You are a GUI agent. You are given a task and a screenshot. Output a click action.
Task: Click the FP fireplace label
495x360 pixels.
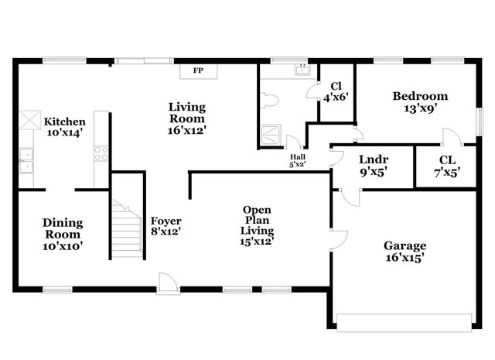(198, 71)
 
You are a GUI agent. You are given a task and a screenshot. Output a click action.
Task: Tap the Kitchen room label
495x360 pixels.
(64, 122)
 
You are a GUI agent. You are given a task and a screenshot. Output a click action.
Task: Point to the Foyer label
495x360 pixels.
(166, 221)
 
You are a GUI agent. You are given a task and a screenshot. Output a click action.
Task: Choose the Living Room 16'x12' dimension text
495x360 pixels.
(187, 131)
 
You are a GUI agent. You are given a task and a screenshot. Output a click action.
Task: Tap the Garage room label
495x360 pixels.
(404, 245)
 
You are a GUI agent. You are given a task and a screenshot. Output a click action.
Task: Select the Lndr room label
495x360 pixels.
(374, 159)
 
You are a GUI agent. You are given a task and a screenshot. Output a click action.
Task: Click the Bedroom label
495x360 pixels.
(420, 96)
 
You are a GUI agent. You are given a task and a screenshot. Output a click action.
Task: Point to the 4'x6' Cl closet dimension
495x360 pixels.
(336, 98)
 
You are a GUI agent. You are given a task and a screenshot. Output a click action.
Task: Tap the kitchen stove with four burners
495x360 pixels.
(101, 153)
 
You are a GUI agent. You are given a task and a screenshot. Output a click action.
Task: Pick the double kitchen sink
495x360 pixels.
(26, 160)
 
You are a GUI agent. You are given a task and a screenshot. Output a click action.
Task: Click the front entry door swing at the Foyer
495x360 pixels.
(167, 282)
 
